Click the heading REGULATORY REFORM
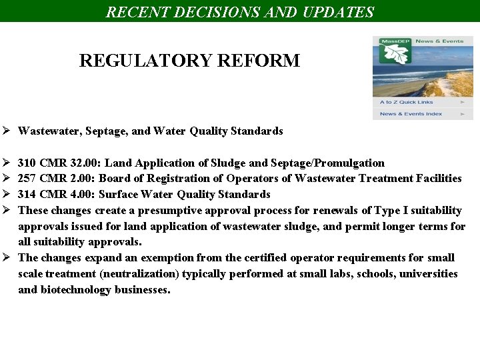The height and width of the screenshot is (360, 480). click(189, 61)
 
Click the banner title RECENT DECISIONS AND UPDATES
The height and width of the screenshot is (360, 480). click(240, 12)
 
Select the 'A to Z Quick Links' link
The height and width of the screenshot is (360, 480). click(406, 102)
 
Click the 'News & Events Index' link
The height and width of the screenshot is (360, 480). click(411, 114)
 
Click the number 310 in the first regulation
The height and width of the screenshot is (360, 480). click(27, 163)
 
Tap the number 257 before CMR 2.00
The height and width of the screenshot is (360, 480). click(27, 179)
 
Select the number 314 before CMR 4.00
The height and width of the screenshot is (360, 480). click(27, 195)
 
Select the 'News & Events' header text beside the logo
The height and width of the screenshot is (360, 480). click(439, 41)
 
